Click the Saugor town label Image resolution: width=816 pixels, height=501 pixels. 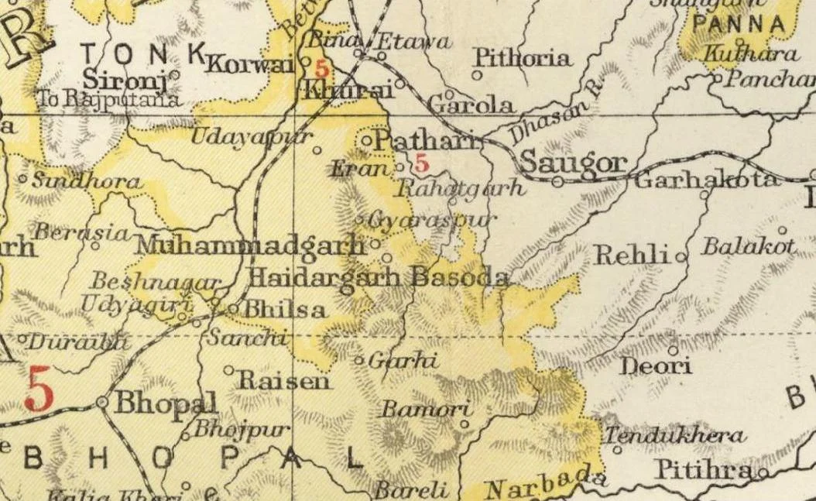click(x=572, y=162)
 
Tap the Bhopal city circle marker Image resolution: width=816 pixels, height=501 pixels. click(x=103, y=402)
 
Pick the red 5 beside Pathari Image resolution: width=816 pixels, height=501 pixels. click(x=421, y=163)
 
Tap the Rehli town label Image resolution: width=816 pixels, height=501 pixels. click(x=631, y=254)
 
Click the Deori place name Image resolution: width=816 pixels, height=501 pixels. click(x=657, y=365)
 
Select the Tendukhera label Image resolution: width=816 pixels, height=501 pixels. click(x=675, y=435)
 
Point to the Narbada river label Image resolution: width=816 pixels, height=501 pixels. click(x=542, y=482)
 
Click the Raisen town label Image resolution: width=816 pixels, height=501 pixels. click(x=283, y=380)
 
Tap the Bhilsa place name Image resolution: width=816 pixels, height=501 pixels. click(x=284, y=309)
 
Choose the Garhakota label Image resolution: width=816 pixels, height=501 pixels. click(x=706, y=180)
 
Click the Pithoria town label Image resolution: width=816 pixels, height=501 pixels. click(x=523, y=57)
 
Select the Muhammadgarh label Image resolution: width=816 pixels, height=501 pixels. click(x=249, y=245)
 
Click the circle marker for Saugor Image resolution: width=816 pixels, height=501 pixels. click(x=557, y=181)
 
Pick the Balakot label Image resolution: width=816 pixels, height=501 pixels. click(x=748, y=247)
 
